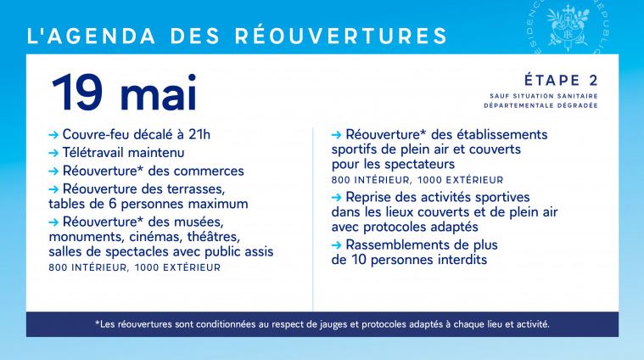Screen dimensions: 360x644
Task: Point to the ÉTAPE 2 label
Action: click(x=561, y=81)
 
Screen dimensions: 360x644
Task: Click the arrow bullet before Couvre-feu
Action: click(x=54, y=134)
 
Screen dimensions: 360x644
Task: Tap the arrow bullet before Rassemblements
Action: click(x=337, y=245)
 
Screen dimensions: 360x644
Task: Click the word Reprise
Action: click(x=369, y=197)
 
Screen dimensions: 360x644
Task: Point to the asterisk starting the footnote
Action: click(x=98, y=323)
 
